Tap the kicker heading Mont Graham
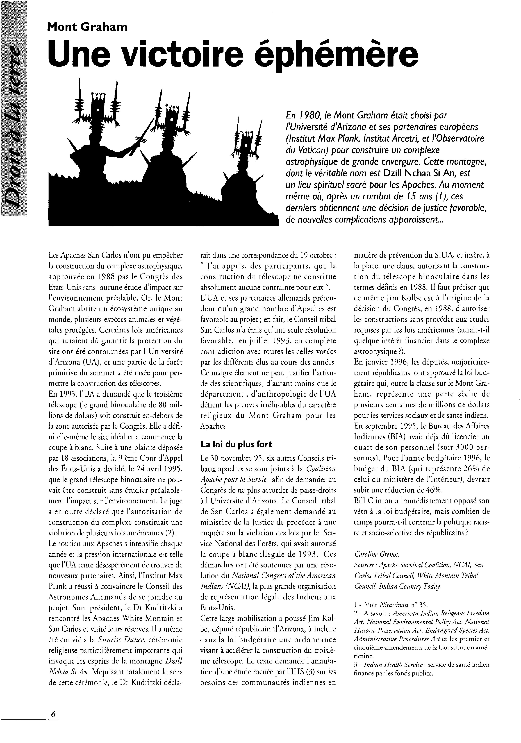point(87,27)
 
